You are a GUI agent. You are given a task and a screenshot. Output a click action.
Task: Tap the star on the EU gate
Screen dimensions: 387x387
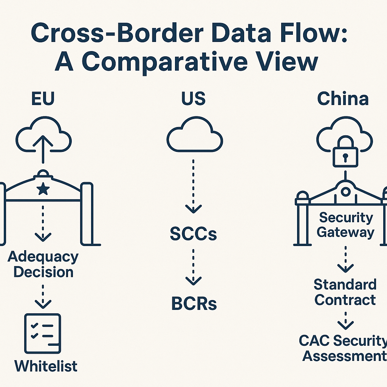click(x=43, y=189)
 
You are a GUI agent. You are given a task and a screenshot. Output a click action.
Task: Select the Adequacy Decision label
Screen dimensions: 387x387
click(x=43, y=264)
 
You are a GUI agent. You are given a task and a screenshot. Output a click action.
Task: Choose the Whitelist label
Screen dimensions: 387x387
click(x=46, y=366)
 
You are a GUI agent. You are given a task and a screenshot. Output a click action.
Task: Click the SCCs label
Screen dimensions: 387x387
click(x=193, y=234)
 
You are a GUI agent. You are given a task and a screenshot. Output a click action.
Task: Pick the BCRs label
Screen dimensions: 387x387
click(x=194, y=304)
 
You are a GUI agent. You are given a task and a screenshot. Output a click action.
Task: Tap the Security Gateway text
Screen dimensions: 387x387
click(x=345, y=225)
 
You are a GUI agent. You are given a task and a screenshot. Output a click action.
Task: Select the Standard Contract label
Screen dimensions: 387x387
click(x=345, y=292)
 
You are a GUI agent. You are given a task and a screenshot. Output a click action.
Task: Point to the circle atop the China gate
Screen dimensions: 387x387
click(x=345, y=192)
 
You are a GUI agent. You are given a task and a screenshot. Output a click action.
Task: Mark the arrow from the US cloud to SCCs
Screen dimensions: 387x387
click(x=193, y=187)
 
